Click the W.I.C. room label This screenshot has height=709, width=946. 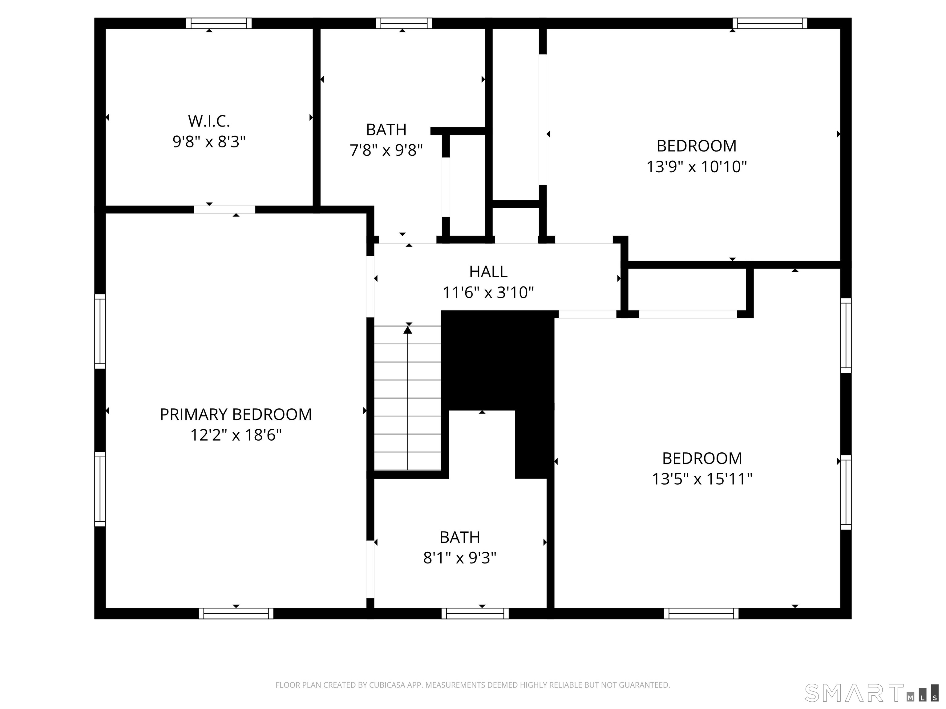(x=209, y=121)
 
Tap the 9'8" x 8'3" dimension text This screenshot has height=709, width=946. (x=209, y=142)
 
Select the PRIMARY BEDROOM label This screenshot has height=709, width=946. (x=236, y=415)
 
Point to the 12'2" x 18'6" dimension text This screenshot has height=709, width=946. (x=236, y=435)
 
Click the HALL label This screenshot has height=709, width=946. (x=488, y=272)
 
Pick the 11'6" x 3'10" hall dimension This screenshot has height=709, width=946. (x=488, y=292)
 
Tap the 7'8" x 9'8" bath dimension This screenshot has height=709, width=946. (x=386, y=150)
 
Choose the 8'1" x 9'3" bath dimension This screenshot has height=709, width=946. (x=460, y=558)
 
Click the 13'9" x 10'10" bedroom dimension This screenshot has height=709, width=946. (x=697, y=166)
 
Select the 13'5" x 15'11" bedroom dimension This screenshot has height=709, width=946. (x=702, y=479)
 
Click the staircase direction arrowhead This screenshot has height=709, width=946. (x=408, y=330)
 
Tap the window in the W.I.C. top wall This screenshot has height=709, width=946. (x=219, y=23)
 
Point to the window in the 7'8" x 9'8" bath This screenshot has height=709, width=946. (x=404, y=23)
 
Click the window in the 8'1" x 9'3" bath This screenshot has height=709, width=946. (x=475, y=613)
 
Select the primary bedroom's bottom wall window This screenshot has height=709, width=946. (x=236, y=613)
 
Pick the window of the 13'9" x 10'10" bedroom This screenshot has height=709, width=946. (x=770, y=23)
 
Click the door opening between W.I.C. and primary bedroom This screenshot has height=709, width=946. (x=224, y=210)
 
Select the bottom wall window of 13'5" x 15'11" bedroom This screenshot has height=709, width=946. (x=701, y=613)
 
